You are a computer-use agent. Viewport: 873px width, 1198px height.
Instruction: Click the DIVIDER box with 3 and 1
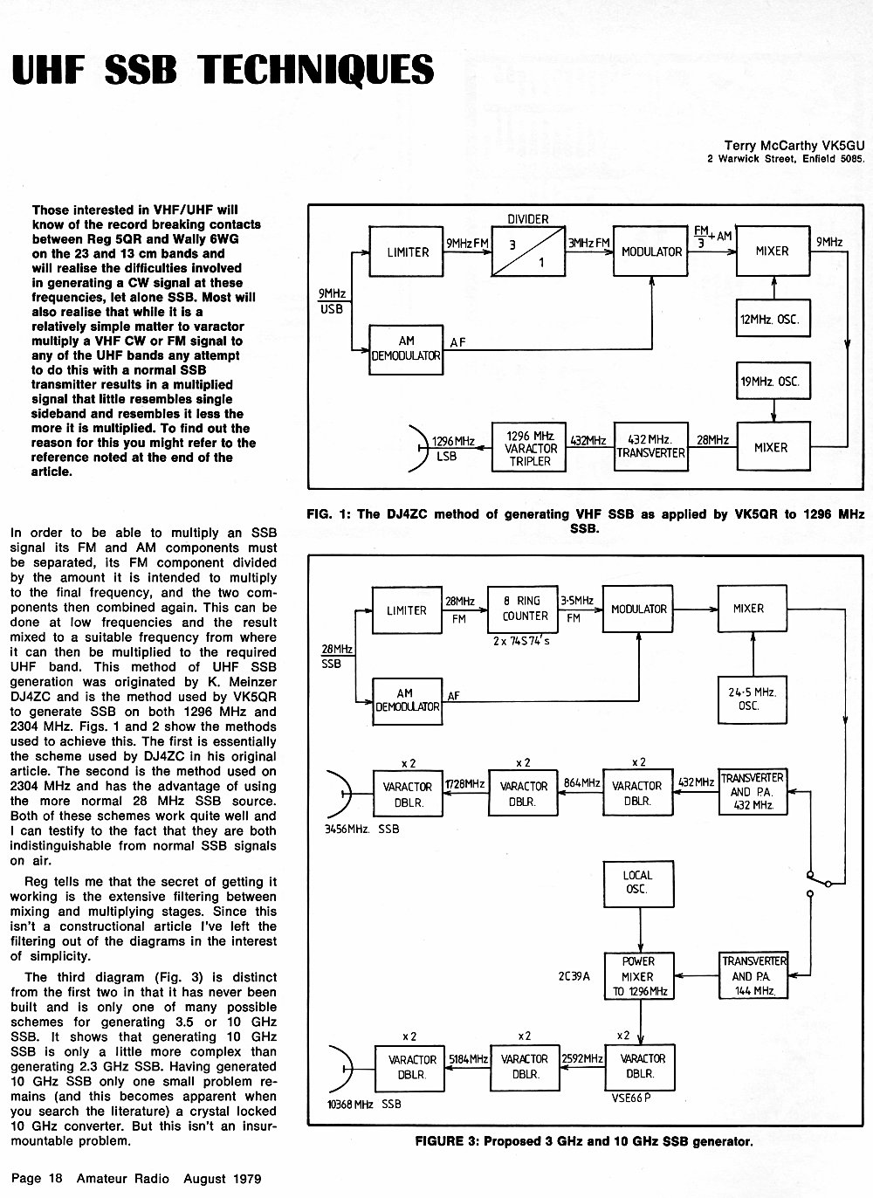528,251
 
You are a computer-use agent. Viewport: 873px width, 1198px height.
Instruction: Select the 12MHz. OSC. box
773,318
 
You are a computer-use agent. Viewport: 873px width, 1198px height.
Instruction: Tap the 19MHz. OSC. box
773,381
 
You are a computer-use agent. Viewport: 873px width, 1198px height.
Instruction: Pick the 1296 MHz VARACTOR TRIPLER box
529,447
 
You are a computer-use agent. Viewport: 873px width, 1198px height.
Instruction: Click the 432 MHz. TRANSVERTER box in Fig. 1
650,446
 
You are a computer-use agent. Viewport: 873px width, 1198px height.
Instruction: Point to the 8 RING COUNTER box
523,609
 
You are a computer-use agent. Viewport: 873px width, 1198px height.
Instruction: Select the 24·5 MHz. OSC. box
753,699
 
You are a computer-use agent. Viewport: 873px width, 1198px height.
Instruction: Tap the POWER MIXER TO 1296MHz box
639,976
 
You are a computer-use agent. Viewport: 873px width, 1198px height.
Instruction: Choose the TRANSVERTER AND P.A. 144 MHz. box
753,976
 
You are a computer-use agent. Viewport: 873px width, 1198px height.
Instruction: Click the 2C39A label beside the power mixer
574,976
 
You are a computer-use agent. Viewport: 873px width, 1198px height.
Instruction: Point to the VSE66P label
631,1098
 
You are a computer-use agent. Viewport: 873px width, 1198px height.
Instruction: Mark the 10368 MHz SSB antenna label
363,1105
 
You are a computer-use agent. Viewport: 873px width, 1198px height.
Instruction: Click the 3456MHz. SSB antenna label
362,829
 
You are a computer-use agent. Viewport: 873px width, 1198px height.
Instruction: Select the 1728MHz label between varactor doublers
465,783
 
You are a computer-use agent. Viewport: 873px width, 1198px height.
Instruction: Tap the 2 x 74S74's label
521,640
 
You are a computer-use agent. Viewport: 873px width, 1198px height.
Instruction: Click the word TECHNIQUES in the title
315,70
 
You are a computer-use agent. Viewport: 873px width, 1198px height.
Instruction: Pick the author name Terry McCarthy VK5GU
794,146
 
